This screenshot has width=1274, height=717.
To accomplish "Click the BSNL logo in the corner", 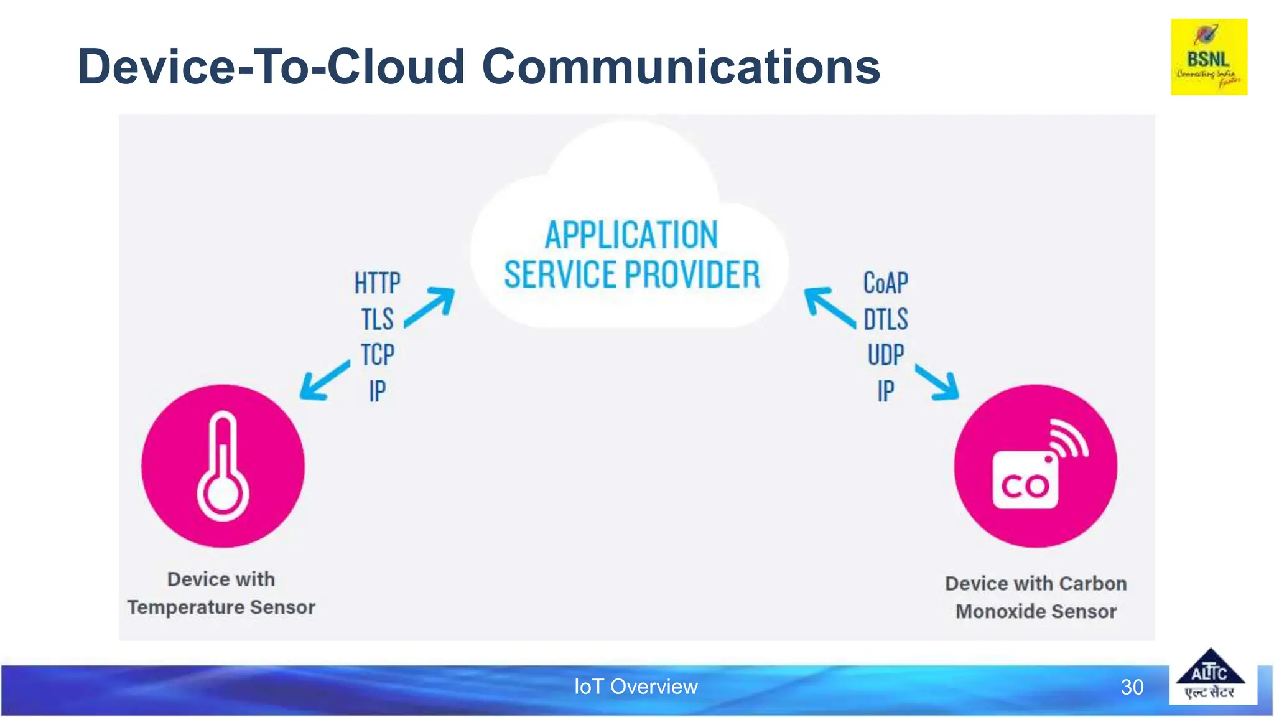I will [1209, 57].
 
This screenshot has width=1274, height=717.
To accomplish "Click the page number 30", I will [1132, 687].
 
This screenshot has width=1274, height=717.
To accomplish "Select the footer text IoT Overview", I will [635, 687].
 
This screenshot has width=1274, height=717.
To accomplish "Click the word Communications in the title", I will [681, 67].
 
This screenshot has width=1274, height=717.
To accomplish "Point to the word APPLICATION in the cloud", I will [631, 235].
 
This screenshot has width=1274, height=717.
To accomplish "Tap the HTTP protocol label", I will [377, 283].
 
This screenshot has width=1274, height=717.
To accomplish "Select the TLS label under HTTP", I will [377, 319].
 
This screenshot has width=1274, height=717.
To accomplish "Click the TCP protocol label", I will [377, 355].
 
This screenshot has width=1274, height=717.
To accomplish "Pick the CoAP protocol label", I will [885, 283].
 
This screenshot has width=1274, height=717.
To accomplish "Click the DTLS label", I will [885, 319].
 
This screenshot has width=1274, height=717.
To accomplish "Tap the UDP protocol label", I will [885, 355].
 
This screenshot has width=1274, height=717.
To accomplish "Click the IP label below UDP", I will [885, 391].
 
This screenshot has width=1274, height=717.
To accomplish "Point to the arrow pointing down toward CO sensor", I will [937, 382].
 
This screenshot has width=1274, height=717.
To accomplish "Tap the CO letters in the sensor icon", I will [1025, 485].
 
